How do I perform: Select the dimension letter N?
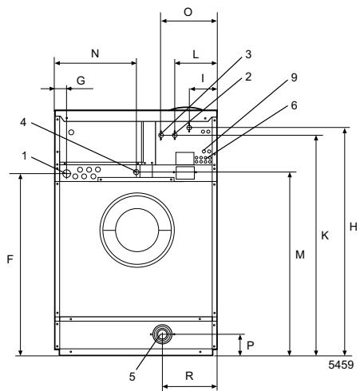pos(95,53)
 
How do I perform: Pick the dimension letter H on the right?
pos(352,227)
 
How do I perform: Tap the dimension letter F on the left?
pos(9,260)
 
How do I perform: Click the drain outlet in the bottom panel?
pos(162,334)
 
